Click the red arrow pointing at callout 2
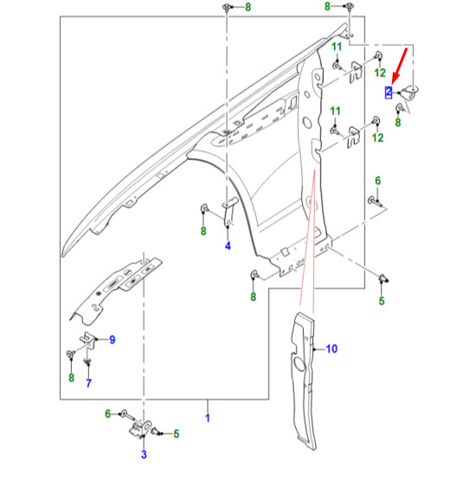(399, 65)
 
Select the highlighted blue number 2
(389, 93)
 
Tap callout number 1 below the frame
(208, 418)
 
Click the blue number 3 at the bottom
(144, 454)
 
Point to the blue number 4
(228, 246)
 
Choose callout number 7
(88, 382)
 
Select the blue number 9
(112, 340)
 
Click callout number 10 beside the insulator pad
(331, 349)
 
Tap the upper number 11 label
(337, 47)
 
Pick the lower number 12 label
(377, 138)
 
